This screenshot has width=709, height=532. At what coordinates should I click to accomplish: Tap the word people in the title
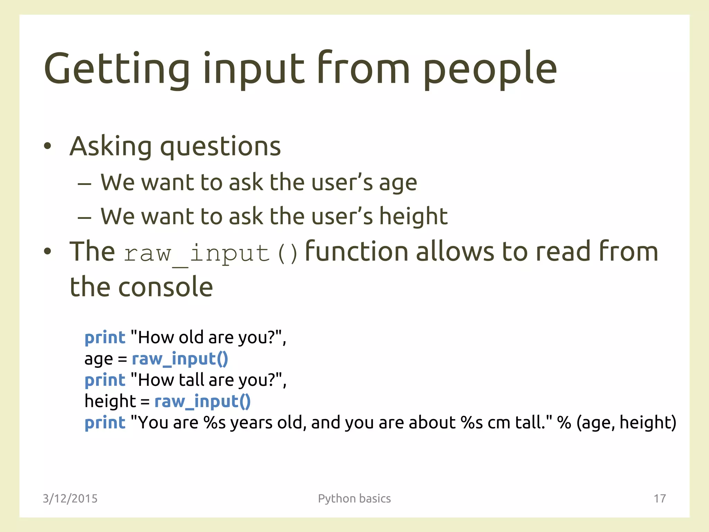(490, 69)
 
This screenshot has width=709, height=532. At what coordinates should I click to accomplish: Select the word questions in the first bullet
(220, 147)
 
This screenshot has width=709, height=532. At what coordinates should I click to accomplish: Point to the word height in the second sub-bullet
(413, 216)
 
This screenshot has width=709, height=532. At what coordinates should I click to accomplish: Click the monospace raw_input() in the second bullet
(210, 253)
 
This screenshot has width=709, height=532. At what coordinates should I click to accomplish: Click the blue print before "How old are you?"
(105, 338)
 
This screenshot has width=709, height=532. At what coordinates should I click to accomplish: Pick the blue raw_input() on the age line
(180, 359)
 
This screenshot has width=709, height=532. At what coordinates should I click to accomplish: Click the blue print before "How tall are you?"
(105, 380)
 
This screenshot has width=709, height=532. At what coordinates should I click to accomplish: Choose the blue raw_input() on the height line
(203, 401)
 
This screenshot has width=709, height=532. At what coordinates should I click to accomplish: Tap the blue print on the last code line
(105, 423)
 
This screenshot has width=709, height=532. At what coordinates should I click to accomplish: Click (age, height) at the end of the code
(626, 423)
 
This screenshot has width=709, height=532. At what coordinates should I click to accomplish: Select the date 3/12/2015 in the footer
(70, 498)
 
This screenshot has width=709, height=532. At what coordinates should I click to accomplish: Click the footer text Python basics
(354, 498)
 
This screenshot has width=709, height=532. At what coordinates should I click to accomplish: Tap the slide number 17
(659, 498)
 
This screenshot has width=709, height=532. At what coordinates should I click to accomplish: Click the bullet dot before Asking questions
(47, 146)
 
